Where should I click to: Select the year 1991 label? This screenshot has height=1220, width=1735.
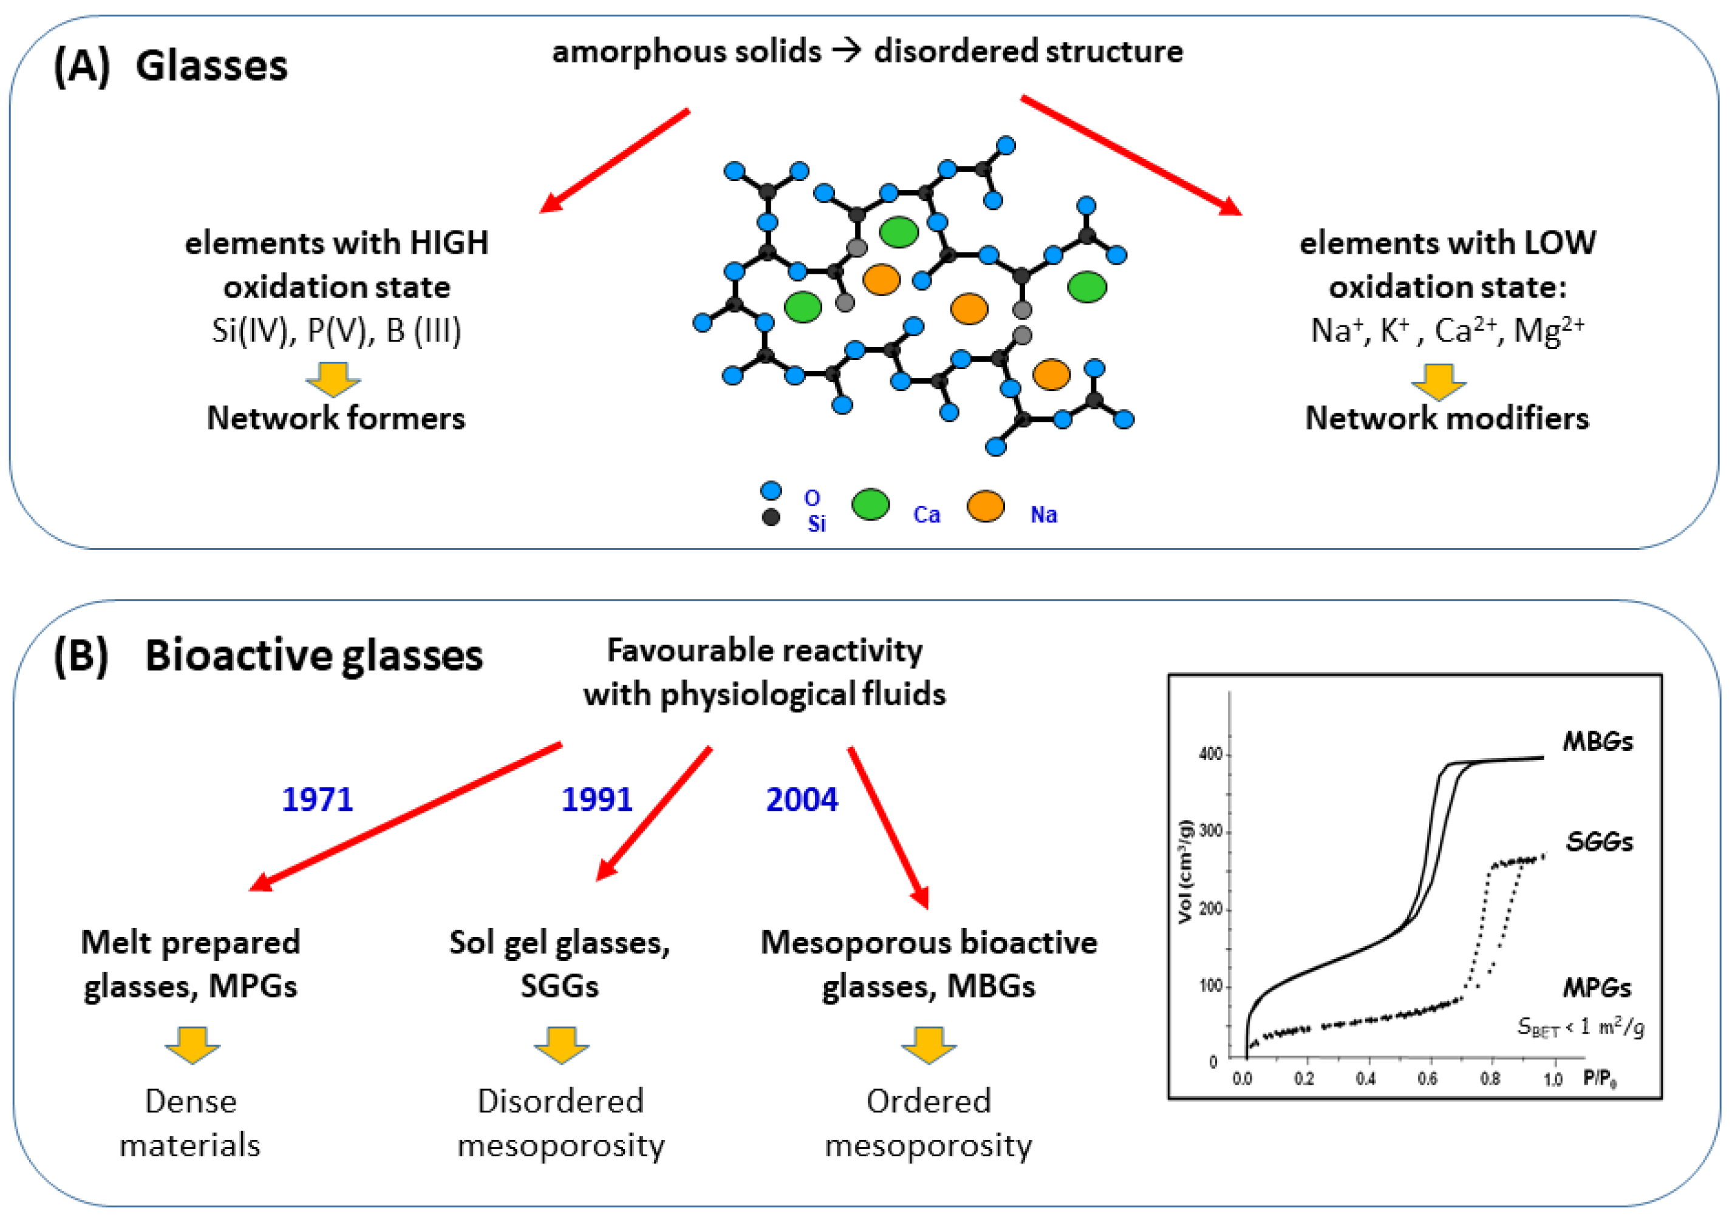pos(596,799)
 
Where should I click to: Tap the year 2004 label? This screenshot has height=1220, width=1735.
pos(801,799)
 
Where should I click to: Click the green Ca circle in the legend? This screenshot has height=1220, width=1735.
pos(870,504)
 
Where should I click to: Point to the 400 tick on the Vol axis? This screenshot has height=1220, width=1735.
pos(1210,754)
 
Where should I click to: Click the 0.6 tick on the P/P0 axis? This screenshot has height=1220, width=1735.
pos(1427,1079)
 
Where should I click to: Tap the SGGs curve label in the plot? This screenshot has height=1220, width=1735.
pos(1598,841)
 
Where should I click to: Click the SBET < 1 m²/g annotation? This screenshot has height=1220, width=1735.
pos(1580,1028)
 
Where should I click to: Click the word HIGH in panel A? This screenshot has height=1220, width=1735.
pos(449,243)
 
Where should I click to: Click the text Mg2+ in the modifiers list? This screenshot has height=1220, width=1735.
pos(1549,330)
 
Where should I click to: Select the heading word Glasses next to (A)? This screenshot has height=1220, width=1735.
pos(211,66)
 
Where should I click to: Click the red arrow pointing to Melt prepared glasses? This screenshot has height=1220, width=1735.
pos(405,816)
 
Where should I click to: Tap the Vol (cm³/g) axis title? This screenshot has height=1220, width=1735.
pos(1184,872)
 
